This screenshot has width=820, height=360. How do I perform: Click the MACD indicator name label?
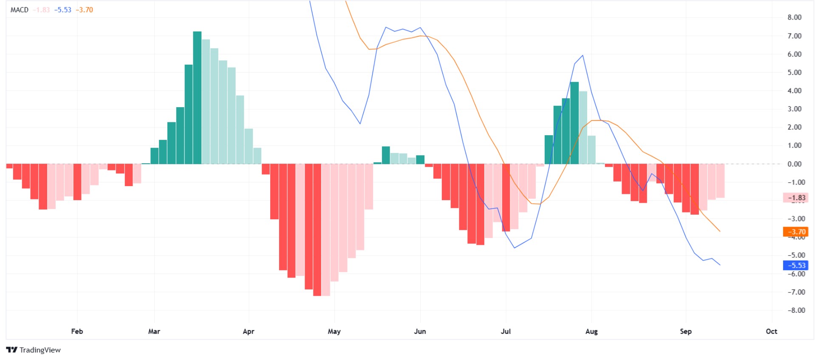(19, 10)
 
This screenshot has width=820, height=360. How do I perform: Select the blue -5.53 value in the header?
(63, 10)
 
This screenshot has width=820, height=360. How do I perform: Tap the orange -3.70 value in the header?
(84, 10)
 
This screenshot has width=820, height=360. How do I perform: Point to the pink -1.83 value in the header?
(41, 10)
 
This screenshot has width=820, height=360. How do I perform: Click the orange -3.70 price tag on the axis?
(795, 232)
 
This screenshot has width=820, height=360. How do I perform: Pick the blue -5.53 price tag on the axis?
(795, 265)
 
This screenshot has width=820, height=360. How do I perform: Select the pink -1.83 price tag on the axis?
(795, 198)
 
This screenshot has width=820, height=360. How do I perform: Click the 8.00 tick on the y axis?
(794, 17)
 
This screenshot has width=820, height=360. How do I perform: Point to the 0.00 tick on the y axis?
(794, 164)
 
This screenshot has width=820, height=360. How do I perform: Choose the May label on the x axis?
(334, 332)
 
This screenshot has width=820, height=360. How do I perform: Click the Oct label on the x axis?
(771, 332)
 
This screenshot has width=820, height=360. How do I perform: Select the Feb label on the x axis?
(77, 332)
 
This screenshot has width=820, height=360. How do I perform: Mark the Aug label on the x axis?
(591, 332)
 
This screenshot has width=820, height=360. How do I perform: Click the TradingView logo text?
(40, 350)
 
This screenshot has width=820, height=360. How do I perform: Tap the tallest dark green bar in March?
(197, 98)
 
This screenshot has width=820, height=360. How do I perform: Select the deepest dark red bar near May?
(317, 230)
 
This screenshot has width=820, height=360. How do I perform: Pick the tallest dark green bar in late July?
(574, 123)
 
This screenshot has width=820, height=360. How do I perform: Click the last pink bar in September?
(720, 181)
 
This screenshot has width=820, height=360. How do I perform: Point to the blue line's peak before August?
(582, 56)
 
